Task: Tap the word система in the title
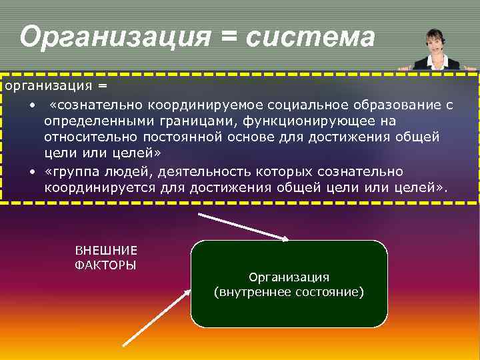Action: pyautogui.click(x=311, y=38)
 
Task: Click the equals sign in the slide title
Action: pyautogui.click(x=228, y=38)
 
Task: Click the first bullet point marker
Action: pyautogui.click(x=32, y=105)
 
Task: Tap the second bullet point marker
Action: pyautogui.click(x=32, y=173)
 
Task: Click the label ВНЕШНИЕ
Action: pyautogui.click(x=107, y=251)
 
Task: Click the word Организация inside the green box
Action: pyautogui.click(x=289, y=277)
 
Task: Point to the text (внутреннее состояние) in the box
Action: pyautogui.click(x=289, y=292)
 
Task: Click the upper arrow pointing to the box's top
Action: pyautogui.click(x=244, y=226)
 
